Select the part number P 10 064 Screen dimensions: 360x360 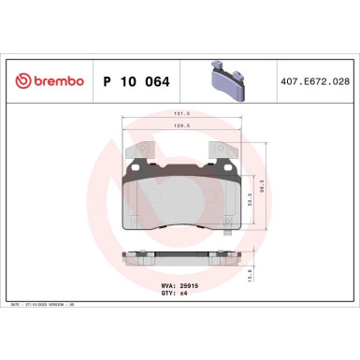pyautogui.click(x=135, y=82)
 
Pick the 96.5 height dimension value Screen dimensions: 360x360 pyautogui.click(x=274, y=187)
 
